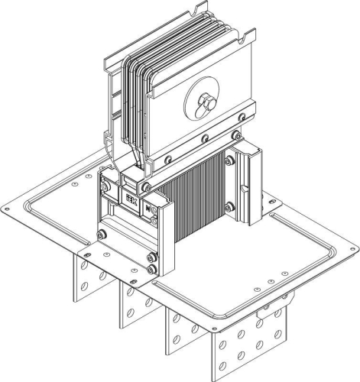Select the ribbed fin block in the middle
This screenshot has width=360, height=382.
(200, 202)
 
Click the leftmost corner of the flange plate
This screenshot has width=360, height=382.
(6, 208)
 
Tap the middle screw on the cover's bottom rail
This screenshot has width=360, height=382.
(204, 139)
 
